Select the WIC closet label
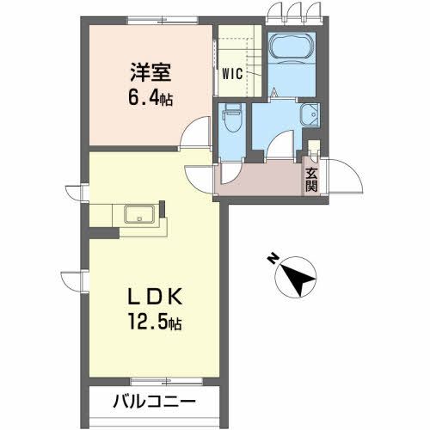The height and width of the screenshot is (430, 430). coord(232,73)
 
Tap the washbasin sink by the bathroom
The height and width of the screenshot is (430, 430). coord(309,114)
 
